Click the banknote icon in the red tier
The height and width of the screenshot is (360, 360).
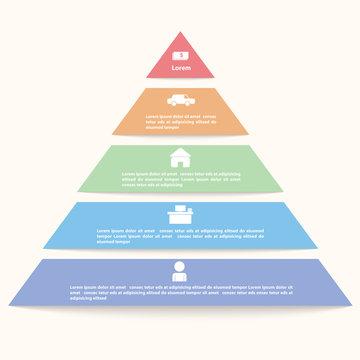point(180,55)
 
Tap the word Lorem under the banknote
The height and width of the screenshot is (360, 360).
point(180,68)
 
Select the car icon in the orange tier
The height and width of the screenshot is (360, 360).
point(180,100)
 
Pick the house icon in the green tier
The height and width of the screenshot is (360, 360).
point(180,157)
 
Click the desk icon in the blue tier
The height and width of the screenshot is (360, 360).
point(180,213)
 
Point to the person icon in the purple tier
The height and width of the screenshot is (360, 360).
point(180,270)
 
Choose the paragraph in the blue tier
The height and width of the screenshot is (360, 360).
point(180,235)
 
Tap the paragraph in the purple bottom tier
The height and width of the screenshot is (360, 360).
point(180,291)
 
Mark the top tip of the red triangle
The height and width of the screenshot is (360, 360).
point(180,32)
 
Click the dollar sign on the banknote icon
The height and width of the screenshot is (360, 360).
point(180,55)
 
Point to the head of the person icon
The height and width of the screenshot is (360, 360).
point(180,265)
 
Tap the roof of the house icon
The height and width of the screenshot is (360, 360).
point(180,152)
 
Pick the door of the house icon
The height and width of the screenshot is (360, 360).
point(180,161)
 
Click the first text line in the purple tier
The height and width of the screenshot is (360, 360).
point(180,286)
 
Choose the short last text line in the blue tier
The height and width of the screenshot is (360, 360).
point(113,241)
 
